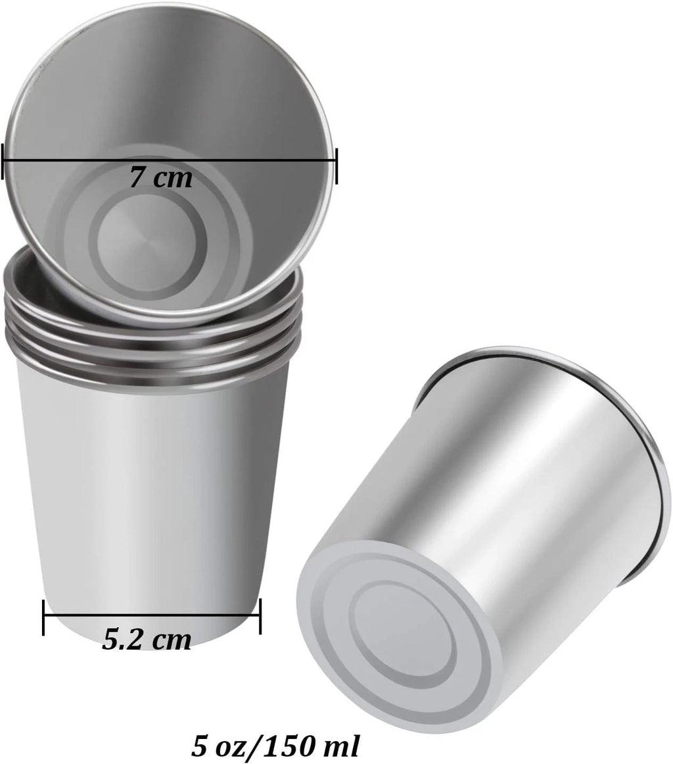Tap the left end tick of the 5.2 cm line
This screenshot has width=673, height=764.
(x=44, y=616)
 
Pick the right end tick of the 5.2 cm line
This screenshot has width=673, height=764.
(x=260, y=616)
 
